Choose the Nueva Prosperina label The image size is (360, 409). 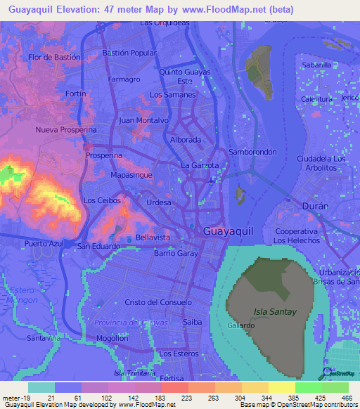click(x=65, y=130)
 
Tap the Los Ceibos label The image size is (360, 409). click(x=102, y=200)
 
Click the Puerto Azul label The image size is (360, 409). click(x=46, y=243)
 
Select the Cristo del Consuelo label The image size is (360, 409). click(x=158, y=301)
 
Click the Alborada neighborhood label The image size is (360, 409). click(x=186, y=140)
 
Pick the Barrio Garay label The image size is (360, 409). click(x=176, y=253)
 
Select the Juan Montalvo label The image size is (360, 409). click(x=143, y=120)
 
